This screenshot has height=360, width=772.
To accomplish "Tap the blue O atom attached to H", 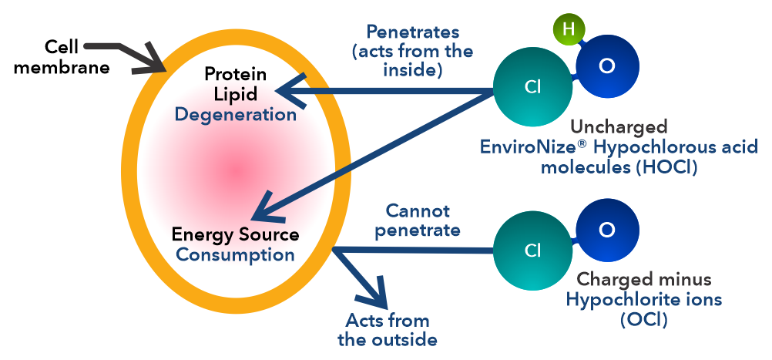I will pyautogui.click(x=607, y=66).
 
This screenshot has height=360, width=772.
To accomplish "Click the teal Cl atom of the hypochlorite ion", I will pyautogui.click(x=532, y=251).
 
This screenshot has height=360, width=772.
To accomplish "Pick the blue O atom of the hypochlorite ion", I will pyautogui.click(x=607, y=230).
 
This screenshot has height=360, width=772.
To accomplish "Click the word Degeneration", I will pyautogui.click(x=235, y=115).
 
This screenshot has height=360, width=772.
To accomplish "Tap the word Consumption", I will pyautogui.click(x=235, y=254).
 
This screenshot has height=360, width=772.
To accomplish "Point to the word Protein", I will pyautogui.click(x=235, y=74).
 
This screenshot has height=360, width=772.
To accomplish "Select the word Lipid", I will pyautogui.click(x=235, y=94).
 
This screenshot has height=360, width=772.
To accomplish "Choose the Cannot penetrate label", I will pyautogui.click(x=423, y=220).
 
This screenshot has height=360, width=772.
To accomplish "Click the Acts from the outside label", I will pyautogui.click(x=388, y=330).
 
